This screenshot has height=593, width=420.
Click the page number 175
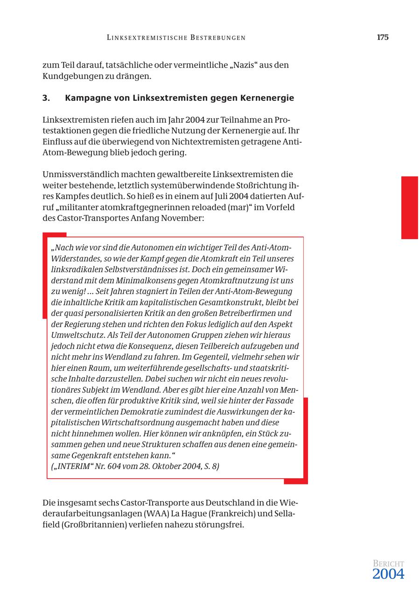382,38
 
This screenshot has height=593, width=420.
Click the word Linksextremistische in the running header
147,38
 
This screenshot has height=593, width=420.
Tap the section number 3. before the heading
46,98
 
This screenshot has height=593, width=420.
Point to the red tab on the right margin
409,207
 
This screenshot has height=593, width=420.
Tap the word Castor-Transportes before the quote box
94,218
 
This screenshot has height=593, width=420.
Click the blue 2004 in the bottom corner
388,574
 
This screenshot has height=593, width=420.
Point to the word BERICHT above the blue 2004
388,564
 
